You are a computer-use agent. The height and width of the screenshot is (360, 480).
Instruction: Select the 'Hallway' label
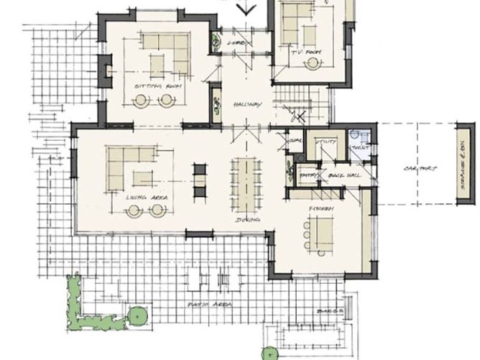click(246, 105)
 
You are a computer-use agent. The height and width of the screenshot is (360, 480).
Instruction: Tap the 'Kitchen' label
click(320, 208)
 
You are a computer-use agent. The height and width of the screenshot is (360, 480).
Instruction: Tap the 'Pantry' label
click(308, 175)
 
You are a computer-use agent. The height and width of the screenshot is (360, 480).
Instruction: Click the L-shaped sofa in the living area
click(130, 167)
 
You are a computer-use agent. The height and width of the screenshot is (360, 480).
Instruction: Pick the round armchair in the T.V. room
click(313, 63)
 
